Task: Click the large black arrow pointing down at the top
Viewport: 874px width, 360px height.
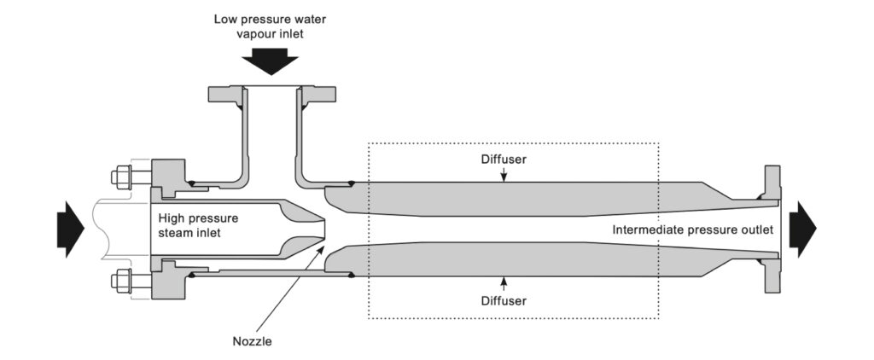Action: pyautogui.click(x=269, y=62)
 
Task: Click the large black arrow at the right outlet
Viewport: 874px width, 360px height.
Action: pyautogui.click(x=803, y=229)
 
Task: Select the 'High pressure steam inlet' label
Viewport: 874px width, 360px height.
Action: pyautogui.click(x=198, y=225)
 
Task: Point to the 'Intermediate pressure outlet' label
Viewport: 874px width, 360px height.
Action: pyautogui.click(x=693, y=229)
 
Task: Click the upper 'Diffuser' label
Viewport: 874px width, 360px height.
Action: pyautogui.click(x=504, y=160)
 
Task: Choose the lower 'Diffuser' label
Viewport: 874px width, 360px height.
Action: pyautogui.click(x=504, y=300)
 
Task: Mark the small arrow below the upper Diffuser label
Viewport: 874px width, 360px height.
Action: pyautogui.click(x=504, y=175)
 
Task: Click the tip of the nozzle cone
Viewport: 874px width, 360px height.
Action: pyautogui.click(x=325, y=229)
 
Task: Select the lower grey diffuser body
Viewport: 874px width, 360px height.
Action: pyautogui.click(x=512, y=262)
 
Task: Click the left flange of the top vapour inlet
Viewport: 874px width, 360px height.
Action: pyautogui.click(x=226, y=90)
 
